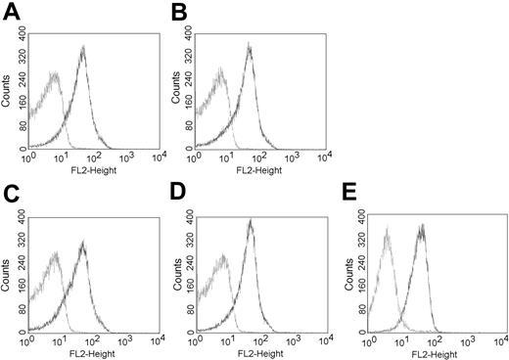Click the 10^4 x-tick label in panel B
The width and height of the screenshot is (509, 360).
click(322, 157)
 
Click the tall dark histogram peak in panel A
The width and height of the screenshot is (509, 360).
click(82, 49)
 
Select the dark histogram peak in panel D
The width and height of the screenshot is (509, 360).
click(251, 223)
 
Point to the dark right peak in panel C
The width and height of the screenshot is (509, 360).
click(82, 243)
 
